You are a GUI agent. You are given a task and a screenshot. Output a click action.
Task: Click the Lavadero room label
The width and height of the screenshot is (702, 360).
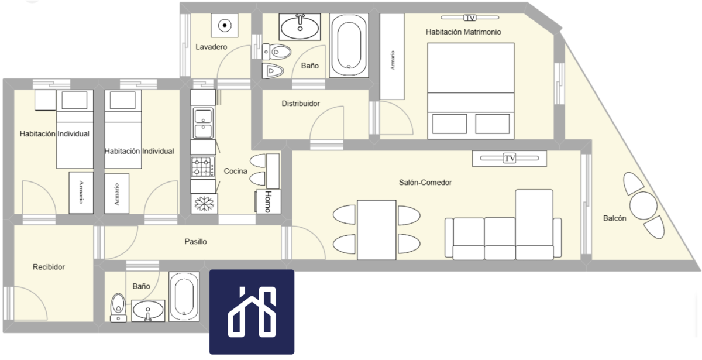[x=211, y=47]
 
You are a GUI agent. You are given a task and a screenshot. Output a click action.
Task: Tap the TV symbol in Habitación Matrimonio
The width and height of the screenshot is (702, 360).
[x=469, y=18]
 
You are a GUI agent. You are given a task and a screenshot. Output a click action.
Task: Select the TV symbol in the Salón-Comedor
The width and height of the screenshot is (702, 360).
[x=510, y=158]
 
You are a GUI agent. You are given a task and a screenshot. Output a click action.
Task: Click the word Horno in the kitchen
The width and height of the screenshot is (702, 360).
[x=269, y=201]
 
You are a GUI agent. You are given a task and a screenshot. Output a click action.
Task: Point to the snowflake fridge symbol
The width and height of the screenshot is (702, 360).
[x=204, y=204]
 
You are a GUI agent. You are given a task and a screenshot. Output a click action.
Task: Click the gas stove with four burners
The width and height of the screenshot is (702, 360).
[x=203, y=167]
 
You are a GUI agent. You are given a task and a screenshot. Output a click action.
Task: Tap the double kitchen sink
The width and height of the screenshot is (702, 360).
[x=203, y=124]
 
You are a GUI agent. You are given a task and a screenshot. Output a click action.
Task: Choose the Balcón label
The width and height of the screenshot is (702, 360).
[x=615, y=218]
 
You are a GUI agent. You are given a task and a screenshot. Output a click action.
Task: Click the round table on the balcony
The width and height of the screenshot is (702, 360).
[x=643, y=205]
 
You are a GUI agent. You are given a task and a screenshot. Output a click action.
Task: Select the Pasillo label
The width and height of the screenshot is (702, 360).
[x=195, y=241]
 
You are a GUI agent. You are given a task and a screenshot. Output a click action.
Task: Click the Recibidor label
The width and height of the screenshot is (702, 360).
[x=49, y=267]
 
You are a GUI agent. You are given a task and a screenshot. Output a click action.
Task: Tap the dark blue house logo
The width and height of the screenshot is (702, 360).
[x=252, y=312]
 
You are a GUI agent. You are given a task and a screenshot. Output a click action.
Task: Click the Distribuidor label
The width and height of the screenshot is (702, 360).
[x=301, y=104]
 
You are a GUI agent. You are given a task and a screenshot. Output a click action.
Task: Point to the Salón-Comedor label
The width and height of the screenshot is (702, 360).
[x=425, y=183]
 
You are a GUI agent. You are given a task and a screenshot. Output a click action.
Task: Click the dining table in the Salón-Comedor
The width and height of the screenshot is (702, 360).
[x=376, y=230]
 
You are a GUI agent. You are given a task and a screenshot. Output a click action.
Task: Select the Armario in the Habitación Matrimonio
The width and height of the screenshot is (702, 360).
[x=392, y=56]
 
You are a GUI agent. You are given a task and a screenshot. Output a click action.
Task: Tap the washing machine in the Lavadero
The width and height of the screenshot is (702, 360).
[x=225, y=25]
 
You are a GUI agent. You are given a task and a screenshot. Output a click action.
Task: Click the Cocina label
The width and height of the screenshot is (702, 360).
[x=235, y=171]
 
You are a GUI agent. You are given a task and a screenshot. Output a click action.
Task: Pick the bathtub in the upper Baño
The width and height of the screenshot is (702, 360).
[x=349, y=45]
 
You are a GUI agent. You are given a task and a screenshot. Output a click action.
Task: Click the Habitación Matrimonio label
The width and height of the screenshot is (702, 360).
[x=463, y=32]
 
